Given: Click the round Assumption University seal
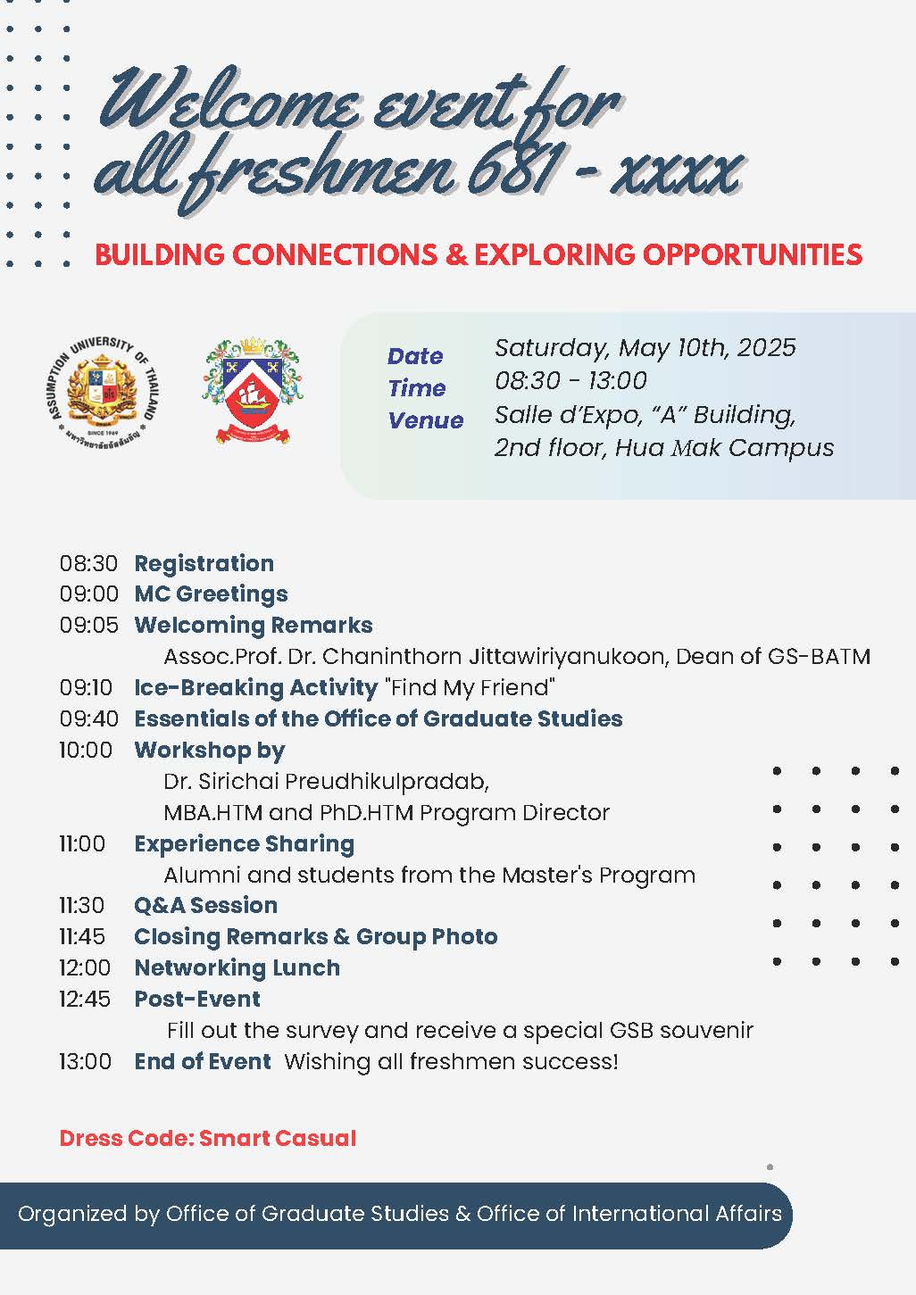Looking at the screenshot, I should coord(99,391).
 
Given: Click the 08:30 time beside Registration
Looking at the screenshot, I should coord(88,563).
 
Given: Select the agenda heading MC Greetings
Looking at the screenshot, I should coord(211,594).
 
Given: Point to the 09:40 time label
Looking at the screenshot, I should coord(88,718).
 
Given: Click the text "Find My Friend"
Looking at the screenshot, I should coord(470,688).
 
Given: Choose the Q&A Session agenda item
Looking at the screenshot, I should coord(205,906).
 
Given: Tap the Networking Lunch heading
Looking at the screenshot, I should coord(237,968).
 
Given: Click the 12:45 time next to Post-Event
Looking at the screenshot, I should coord(85,999).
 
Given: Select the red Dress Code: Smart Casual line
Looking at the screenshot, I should coord(208,1139).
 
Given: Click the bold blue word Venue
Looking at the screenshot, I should coord(425,420).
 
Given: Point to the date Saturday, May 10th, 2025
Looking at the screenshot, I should coord(645,348).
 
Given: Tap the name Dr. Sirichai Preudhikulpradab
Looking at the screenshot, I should coord(326,782).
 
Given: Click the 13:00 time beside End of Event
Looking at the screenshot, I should coord(85,1061).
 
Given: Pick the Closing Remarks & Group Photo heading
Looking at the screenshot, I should coord(315,937).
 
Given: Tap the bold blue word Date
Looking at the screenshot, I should coord(415,356).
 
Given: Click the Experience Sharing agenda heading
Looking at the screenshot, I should coord(244,844).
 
